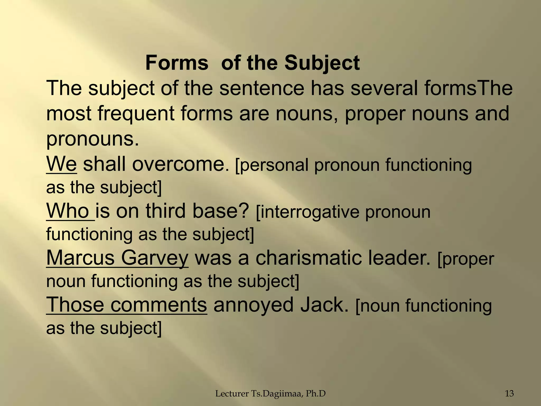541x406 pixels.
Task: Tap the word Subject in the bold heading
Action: pyautogui.click(x=322, y=63)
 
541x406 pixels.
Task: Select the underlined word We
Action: pyautogui.click(x=62, y=164)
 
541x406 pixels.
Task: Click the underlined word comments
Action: pyautogui.click(x=158, y=305)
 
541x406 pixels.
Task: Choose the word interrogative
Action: pyautogui.click(x=308, y=212)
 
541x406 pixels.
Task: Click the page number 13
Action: pyautogui.click(x=509, y=394)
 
